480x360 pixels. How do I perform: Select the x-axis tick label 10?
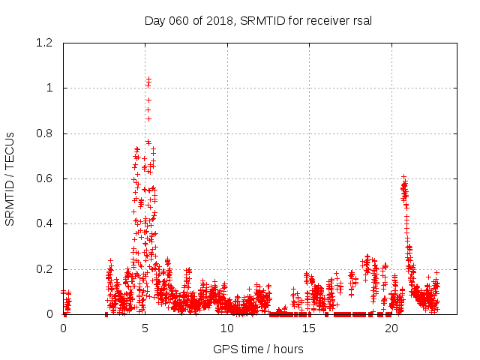click(x=227, y=328)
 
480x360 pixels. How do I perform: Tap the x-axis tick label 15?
click(x=309, y=328)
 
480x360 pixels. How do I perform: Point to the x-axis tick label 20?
click(x=391, y=328)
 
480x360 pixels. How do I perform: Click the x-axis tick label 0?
click(x=64, y=328)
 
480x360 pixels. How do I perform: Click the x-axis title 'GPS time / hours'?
click(x=258, y=349)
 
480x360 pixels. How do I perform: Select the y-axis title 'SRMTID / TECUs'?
click(x=10, y=179)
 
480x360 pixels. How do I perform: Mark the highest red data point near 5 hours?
click(x=149, y=78)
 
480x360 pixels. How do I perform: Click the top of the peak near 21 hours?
click(x=403, y=176)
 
